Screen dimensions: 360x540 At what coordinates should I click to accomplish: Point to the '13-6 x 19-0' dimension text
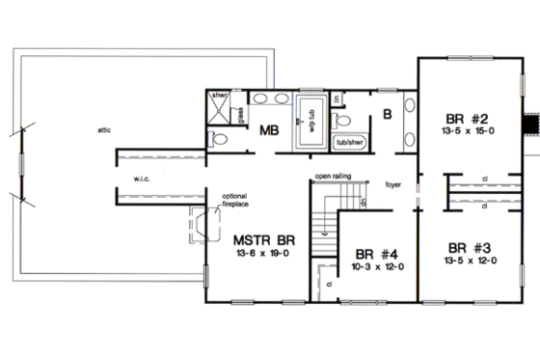coord(263,252)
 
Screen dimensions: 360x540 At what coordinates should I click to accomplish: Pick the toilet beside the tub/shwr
coord(341,121)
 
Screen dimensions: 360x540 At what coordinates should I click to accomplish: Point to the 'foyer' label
coord(392,182)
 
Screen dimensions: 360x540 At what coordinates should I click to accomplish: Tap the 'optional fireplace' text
coord(236,199)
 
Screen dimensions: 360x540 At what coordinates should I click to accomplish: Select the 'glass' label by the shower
coord(240,113)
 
